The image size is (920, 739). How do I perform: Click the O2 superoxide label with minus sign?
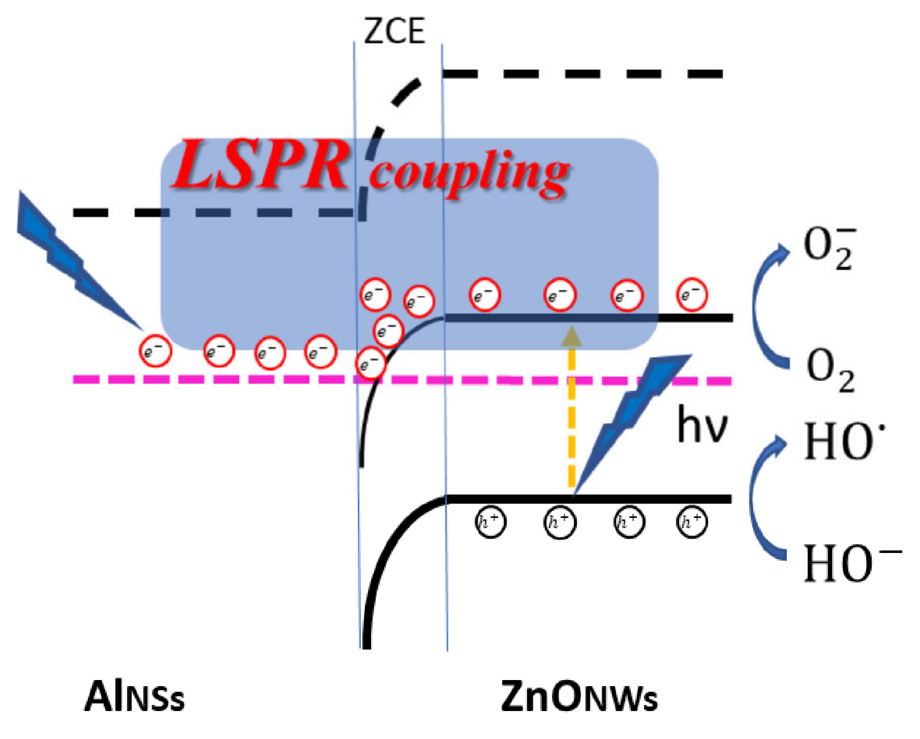click(829, 248)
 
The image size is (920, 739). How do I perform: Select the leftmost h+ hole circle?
click(490, 522)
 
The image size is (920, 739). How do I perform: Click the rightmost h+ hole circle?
click(692, 522)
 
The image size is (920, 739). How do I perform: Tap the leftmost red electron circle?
click(155, 351)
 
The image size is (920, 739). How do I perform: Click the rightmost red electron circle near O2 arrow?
click(692, 294)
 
